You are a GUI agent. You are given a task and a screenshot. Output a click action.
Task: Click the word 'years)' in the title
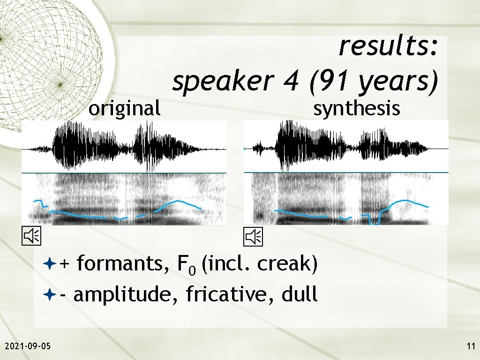pos(398,82)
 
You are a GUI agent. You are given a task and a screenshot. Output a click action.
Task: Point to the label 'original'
pos(125,109)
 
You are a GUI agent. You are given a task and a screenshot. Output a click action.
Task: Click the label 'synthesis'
pos(356,109)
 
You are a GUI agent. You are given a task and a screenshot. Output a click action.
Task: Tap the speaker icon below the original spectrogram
pos(33,237)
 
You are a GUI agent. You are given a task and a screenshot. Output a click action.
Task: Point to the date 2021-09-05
pos(28,346)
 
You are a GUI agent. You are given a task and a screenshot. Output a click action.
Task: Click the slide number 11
pos(471,346)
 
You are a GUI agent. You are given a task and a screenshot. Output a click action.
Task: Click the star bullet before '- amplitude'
pos(51,295)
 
